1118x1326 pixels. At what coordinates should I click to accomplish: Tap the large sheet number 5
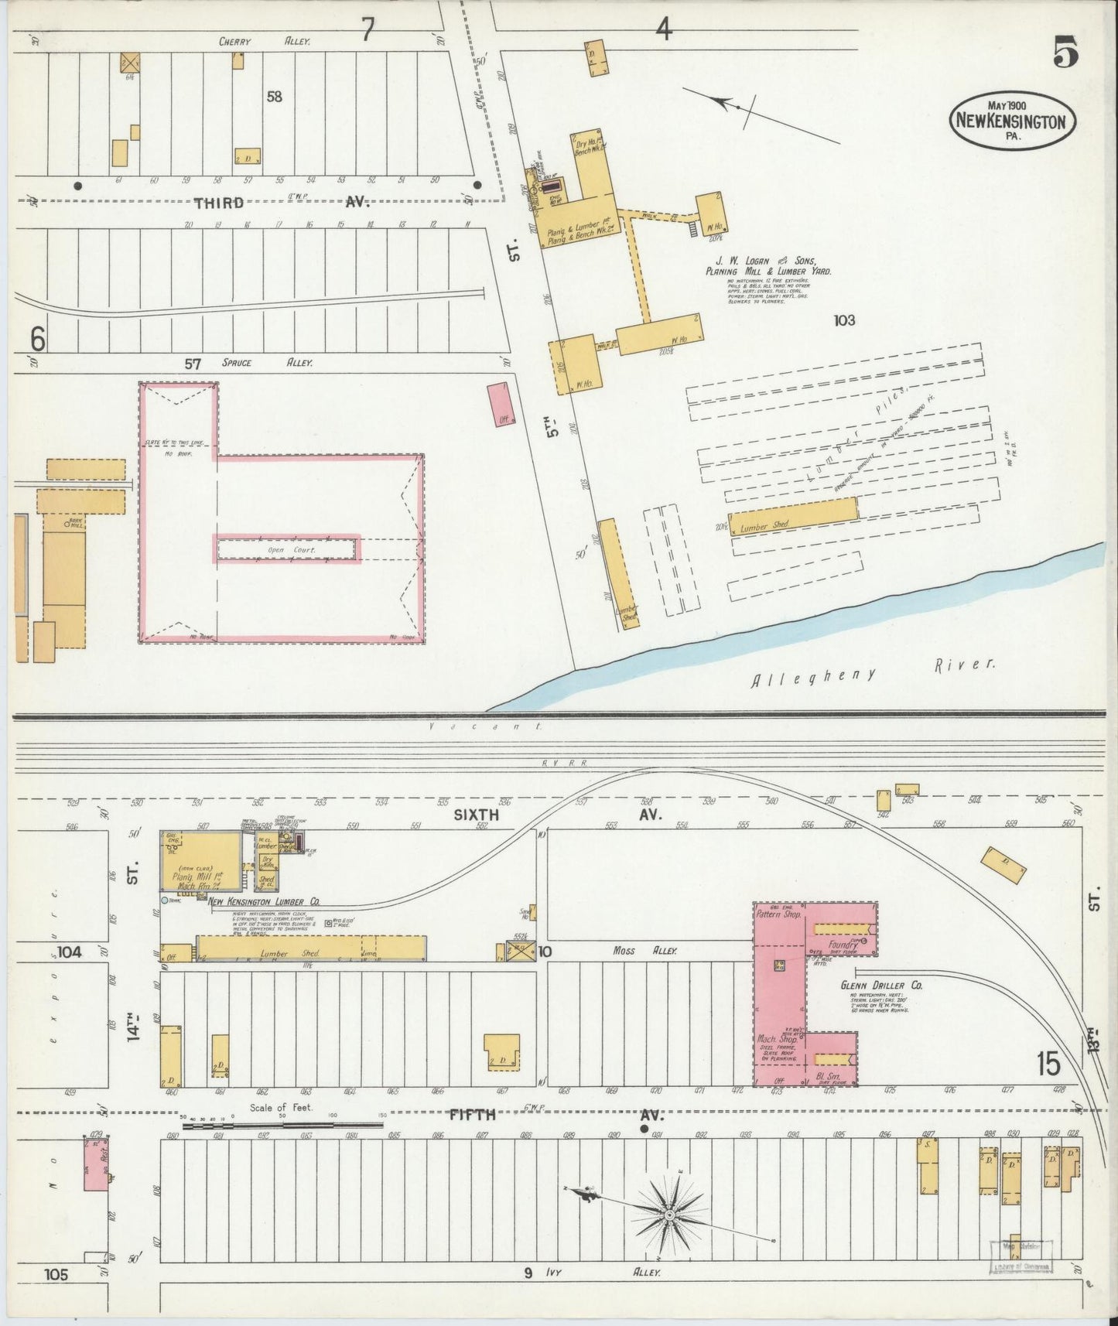coord(1065,53)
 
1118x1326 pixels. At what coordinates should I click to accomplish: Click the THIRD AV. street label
coord(282,203)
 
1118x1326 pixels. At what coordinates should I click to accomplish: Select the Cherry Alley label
coord(264,43)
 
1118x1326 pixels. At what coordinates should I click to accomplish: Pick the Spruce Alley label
coord(267,362)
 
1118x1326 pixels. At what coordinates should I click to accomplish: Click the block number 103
coord(844,320)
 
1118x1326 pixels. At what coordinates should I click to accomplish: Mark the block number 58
coord(274,96)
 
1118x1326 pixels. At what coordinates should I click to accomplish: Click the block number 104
coord(69,952)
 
